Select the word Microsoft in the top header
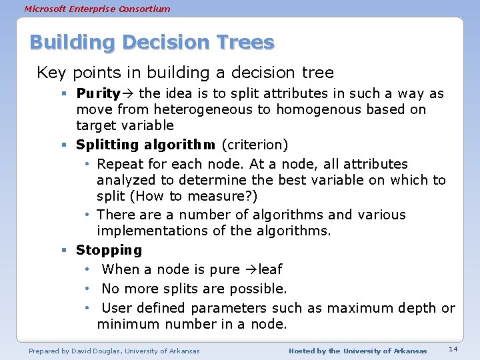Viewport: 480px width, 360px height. (x=45, y=9)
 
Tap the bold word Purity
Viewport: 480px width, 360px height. (x=97, y=93)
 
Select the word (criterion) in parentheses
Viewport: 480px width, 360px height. (x=256, y=145)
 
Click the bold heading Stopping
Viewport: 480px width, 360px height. (x=109, y=250)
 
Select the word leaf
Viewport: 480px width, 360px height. (x=270, y=269)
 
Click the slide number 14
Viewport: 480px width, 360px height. (x=453, y=349)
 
